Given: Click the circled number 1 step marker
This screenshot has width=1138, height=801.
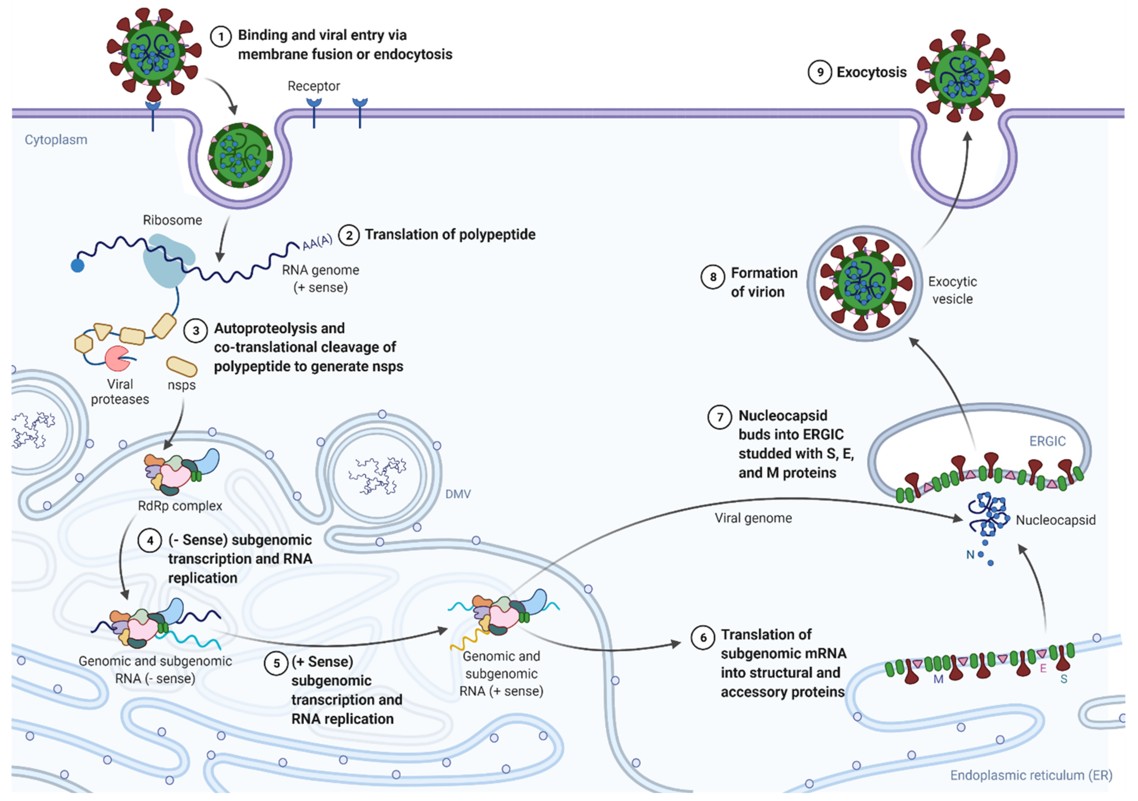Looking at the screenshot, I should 221,36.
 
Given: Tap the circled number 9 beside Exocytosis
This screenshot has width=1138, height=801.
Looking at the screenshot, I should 820,72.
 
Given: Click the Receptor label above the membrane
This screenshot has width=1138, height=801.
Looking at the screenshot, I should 314,86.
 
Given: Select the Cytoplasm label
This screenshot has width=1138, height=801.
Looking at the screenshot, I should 56,140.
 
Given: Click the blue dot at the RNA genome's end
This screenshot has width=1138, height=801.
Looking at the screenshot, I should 77,266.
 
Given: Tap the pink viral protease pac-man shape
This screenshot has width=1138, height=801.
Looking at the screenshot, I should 117,358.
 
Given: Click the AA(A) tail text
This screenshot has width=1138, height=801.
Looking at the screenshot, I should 317,242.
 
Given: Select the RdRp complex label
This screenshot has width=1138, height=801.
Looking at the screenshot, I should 180,506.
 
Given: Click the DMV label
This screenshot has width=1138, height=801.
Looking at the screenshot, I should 458,494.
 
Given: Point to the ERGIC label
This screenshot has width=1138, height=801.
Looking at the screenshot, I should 1047,441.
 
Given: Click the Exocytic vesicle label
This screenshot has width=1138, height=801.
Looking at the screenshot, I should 952,290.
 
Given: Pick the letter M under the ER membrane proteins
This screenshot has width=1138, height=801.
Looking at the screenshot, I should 938,680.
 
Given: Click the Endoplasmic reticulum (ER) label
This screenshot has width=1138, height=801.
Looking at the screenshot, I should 1031,775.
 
